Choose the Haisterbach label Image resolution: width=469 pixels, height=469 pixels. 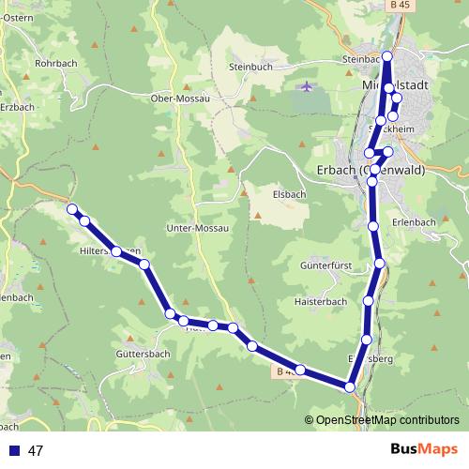(x=322, y=301)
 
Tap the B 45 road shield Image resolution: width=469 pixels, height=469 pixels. (x=401, y=6)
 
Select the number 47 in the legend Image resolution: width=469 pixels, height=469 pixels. (x=37, y=450)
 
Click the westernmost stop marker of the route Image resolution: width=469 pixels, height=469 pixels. (x=72, y=210)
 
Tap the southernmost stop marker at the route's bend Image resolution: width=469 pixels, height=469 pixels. (x=350, y=386)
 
